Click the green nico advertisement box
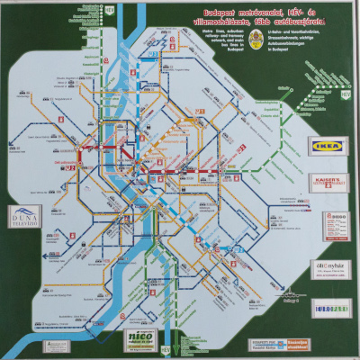click(x=140, y=340)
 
